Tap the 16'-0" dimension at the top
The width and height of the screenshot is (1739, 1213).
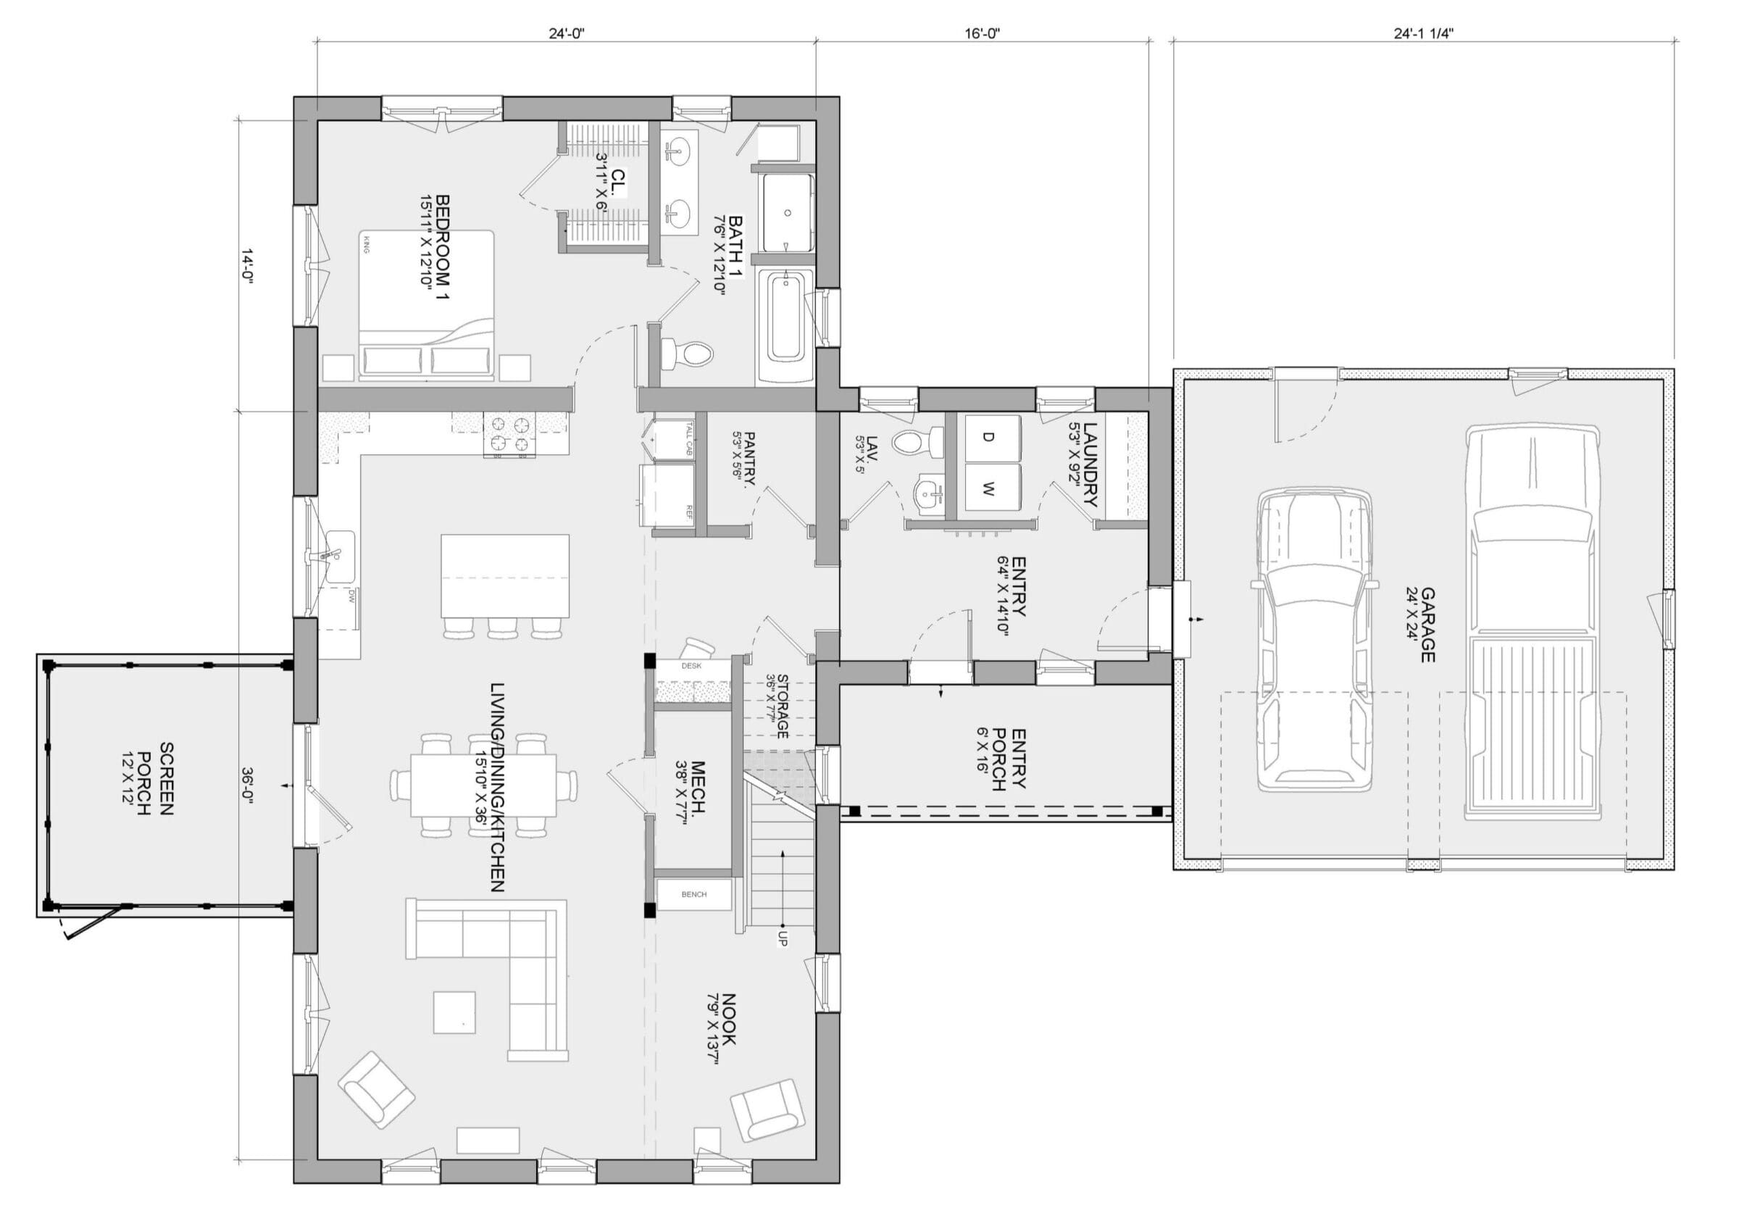983,34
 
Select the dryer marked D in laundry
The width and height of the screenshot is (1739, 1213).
988,437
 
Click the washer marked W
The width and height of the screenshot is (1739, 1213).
988,489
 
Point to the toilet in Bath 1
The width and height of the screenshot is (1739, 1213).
686,353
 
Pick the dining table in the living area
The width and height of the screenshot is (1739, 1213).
483,785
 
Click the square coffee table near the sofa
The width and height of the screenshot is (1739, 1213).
454,1012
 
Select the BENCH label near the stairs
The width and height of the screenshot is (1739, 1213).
693,895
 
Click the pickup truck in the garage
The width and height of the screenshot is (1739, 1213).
1532,624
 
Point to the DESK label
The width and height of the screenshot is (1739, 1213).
691,666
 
